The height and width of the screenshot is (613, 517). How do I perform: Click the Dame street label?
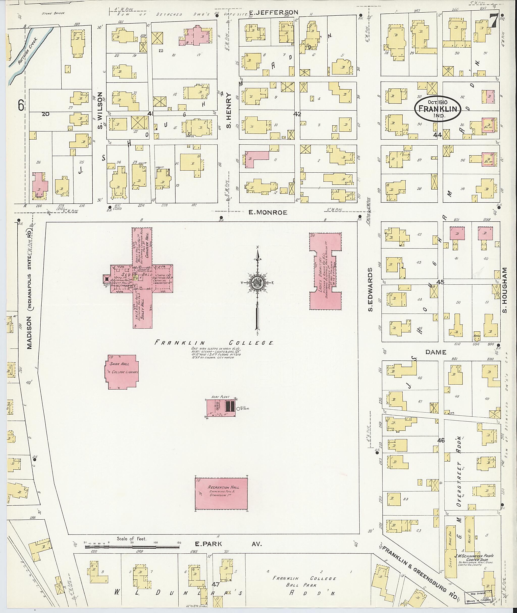[436, 352]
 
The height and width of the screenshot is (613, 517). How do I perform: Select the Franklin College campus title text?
[214, 342]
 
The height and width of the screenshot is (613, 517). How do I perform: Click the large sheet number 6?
[21, 105]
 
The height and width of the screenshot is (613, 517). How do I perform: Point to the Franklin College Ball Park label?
[304, 582]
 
